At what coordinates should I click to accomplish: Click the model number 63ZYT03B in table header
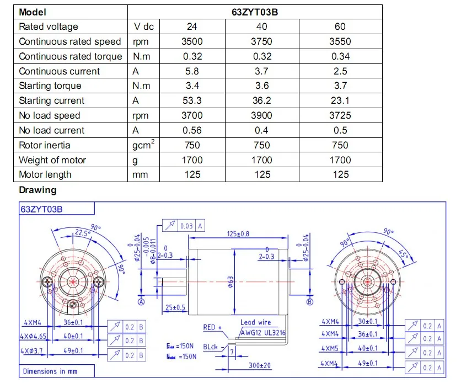tap(254, 12)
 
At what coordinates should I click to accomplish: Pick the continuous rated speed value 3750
tap(262, 41)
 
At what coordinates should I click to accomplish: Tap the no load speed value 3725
tap(340, 115)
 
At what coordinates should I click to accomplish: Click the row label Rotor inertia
tap(45, 145)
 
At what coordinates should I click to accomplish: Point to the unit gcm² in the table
tap(143, 145)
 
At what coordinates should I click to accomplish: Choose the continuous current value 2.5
tap(340, 71)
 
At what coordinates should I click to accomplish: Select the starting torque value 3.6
tap(262, 86)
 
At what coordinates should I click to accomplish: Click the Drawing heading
tap(37, 190)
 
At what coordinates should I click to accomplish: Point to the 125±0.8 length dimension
tap(238, 234)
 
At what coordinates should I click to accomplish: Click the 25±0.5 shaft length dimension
tap(174, 307)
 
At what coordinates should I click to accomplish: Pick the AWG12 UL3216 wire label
tap(263, 333)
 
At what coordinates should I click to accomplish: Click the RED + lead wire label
tap(212, 327)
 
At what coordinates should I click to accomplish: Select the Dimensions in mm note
tap(50, 371)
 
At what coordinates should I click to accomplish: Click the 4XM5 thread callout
tap(331, 349)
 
